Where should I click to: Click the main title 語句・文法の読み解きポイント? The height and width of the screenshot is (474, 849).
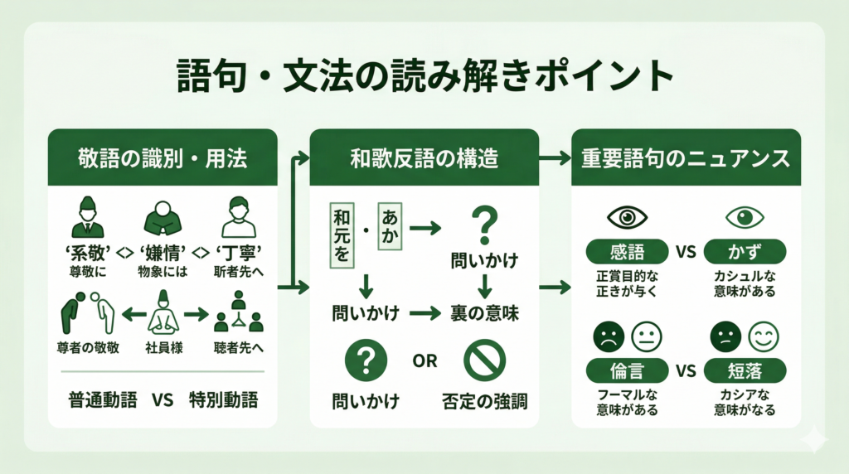coord(424,77)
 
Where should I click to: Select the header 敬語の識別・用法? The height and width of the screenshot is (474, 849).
coord(163,157)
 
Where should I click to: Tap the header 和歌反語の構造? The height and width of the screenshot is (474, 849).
coord(424,157)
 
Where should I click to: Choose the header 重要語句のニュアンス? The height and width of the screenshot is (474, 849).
coord(686,157)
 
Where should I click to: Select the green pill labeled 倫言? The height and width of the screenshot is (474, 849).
coord(626,370)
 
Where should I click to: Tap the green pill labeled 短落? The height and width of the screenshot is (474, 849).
coord(745,370)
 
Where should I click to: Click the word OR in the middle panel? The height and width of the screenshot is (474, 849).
coord(424,362)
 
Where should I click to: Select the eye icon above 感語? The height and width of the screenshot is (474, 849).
coord(626,218)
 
